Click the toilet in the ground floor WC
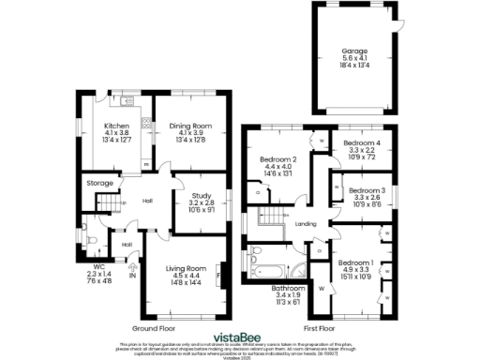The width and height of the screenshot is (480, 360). (85, 225)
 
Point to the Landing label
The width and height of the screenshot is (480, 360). (306, 224)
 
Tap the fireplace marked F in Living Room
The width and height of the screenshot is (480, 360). (218, 277)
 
